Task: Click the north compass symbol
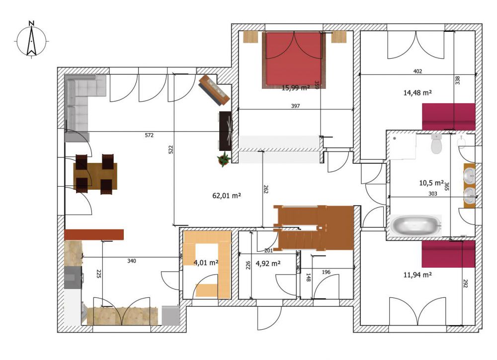coord(31,41)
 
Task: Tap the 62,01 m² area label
coord(226,196)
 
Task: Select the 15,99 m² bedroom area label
coord(295,88)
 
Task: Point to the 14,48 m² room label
coord(417,92)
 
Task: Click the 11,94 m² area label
coord(417,275)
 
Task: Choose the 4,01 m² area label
coord(206,263)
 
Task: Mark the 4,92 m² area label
coord(268,263)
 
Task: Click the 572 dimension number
coord(149,135)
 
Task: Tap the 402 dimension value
coord(418,71)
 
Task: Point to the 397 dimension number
coord(295,106)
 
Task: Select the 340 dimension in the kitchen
coord(132,261)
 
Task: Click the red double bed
coord(294,60)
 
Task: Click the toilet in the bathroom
coord(436,144)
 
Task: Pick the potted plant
coord(224,159)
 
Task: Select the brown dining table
coord(95,176)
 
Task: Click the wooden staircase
coord(314,228)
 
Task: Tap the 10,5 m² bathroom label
coord(431,183)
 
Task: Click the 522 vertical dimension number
coord(170,149)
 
